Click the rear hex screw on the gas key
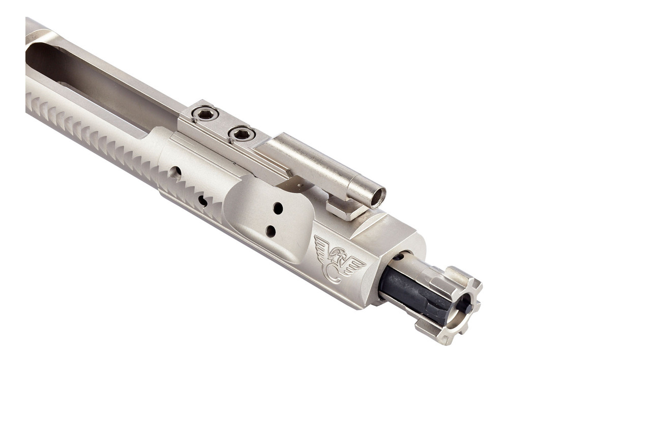[x=206, y=114]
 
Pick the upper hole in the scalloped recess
[x=278, y=208]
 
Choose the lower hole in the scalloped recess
[x=271, y=232]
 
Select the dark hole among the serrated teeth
[x=202, y=201]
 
